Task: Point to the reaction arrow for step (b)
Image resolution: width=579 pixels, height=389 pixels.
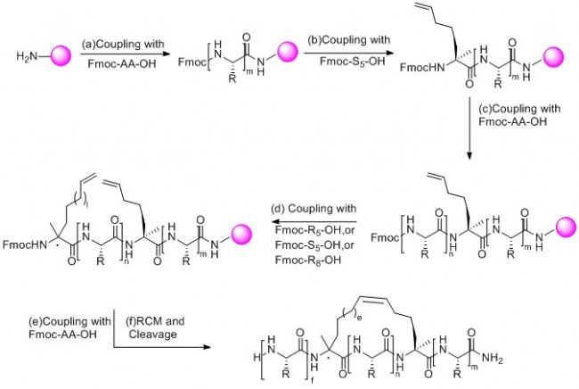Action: tap(345, 55)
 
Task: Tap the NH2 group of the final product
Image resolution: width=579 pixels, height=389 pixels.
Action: tap(557, 360)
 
